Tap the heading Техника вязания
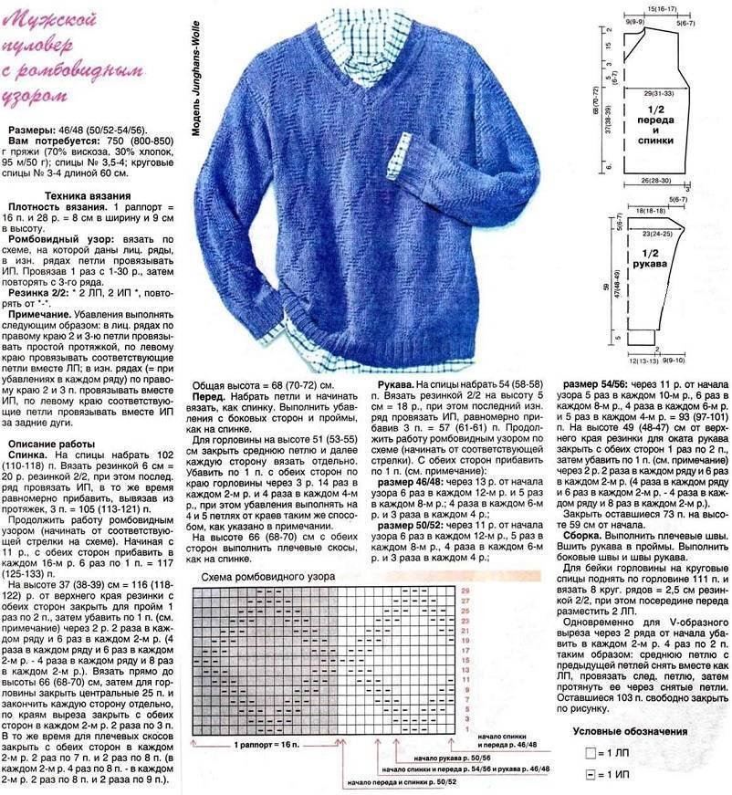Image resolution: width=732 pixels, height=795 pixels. click(x=89, y=196)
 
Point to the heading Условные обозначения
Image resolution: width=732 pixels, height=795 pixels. click(x=630, y=731)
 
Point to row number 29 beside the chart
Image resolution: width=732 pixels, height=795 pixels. click(x=465, y=591)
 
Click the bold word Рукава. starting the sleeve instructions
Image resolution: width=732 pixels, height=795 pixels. click(x=400, y=386)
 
